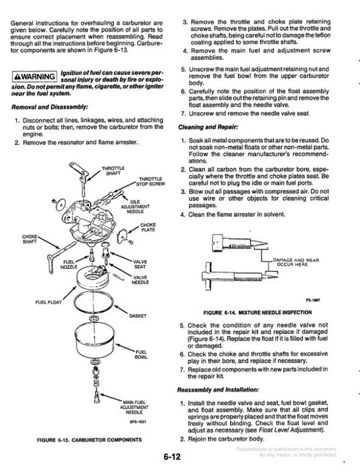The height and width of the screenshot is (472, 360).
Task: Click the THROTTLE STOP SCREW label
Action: (x=151, y=181)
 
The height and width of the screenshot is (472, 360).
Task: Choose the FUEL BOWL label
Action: (x=140, y=354)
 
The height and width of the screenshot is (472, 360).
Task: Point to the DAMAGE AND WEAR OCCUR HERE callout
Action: (x=290, y=262)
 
